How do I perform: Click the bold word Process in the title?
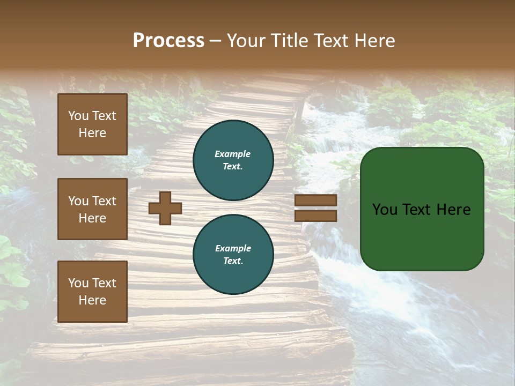[168, 41]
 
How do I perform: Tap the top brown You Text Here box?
[92, 124]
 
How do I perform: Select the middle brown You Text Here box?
[92, 209]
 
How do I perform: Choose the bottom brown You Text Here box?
[92, 291]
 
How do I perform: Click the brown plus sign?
[165, 208]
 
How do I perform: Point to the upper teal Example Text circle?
[233, 160]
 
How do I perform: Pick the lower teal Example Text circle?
[233, 255]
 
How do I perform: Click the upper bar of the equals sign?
[316, 201]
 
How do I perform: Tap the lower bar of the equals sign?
[316, 216]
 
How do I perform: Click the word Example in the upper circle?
[233, 154]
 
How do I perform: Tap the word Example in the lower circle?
[233, 248]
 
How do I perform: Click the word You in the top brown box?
[78, 116]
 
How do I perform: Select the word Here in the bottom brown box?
[92, 300]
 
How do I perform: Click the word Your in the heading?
[246, 41]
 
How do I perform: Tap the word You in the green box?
[385, 210]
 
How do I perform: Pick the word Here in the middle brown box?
[92, 218]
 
